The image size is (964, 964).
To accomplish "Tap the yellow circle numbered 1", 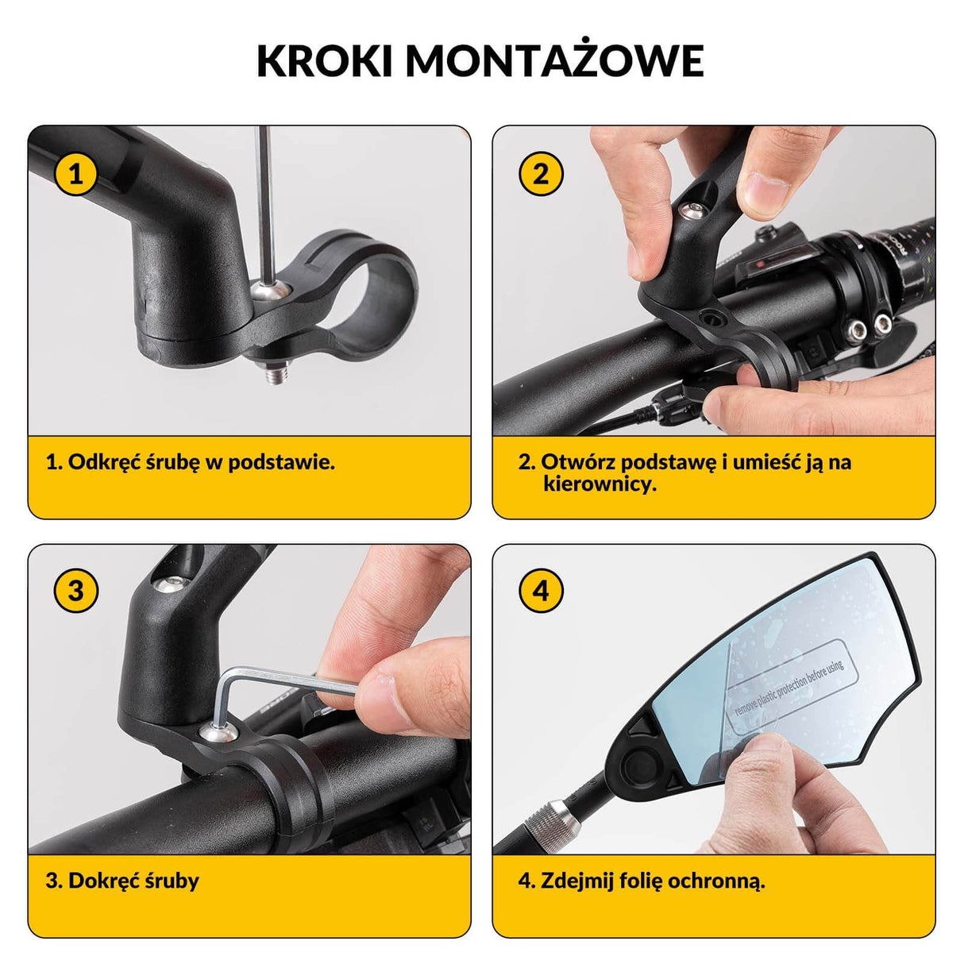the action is pyautogui.click(x=75, y=174).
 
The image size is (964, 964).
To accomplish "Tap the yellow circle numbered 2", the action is pyautogui.click(x=541, y=174).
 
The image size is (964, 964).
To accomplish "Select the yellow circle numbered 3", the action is pyautogui.click(x=75, y=590).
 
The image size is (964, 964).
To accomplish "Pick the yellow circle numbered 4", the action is pyautogui.click(x=541, y=590).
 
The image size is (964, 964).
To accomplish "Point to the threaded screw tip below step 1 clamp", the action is pyautogui.click(x=275, y=372).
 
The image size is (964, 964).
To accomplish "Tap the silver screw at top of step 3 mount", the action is pyautogui.click(x=170, y=583).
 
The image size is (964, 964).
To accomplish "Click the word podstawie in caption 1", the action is pyautogui.click(x=282, y=461).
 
